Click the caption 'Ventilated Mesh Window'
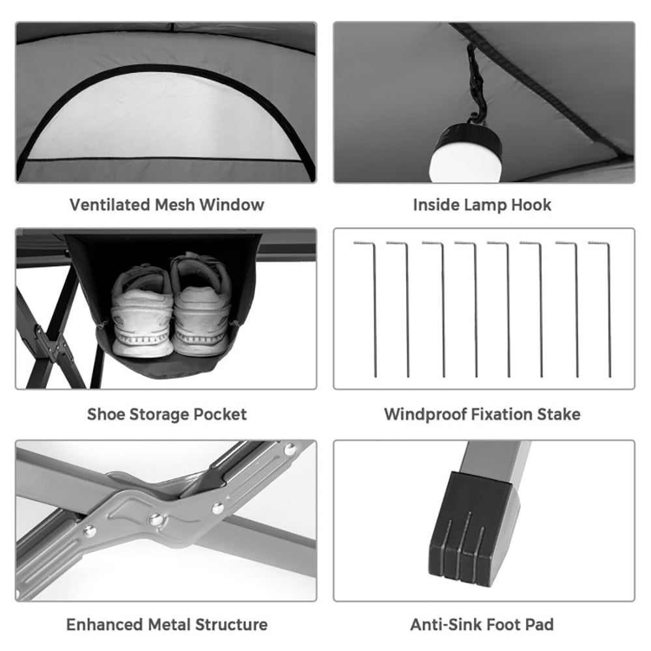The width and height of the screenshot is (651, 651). [167, 204]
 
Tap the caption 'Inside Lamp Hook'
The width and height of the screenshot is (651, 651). [482, 204]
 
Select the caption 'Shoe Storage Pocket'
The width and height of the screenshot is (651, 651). [167, 414]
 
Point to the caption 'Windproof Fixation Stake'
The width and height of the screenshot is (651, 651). [482, 414]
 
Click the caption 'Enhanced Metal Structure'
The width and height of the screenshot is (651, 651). [167, 624]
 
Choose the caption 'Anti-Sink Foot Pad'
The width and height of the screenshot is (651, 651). [482, 624]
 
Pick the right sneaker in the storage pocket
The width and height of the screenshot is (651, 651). [200, 306]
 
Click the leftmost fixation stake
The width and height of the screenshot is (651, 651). [374, 309]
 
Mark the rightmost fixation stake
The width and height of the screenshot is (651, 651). [609, 309]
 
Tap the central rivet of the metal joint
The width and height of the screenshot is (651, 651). [156, 519]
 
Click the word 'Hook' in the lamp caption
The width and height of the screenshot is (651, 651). [530, 204]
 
